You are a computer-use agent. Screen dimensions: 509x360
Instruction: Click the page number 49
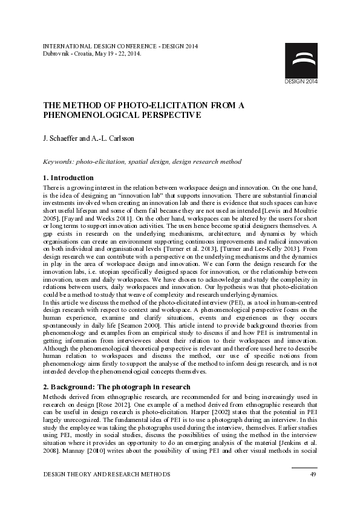click(x=313, y=475)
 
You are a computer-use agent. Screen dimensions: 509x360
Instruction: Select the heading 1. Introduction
click(x=68, y=178)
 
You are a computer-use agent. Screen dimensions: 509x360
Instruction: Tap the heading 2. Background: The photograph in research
click(x=117, y=387)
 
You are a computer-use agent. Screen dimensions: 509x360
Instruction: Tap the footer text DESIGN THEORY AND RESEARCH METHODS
click(x=106, y=475)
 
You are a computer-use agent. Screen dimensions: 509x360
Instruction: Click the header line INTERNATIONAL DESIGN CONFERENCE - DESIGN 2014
click(x=121, y=46)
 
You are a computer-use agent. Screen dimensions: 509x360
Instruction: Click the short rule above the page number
click(x=304, y=467)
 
